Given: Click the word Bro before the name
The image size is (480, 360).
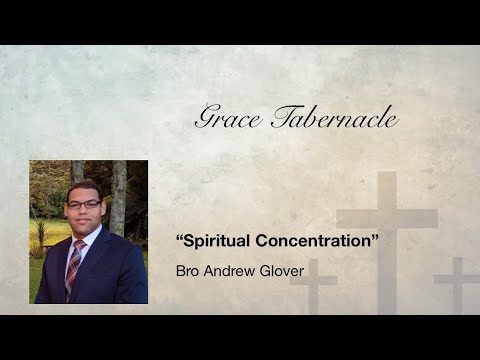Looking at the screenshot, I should coord(188,270).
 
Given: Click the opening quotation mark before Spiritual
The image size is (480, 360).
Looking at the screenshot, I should coord(179,241).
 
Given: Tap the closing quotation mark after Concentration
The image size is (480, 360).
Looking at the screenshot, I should coord(362,241).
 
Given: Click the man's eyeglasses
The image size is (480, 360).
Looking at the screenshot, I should coord(84,204).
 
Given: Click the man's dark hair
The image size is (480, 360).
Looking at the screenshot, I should coord(84,187).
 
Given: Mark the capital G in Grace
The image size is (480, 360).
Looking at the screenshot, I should coord(205,119).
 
